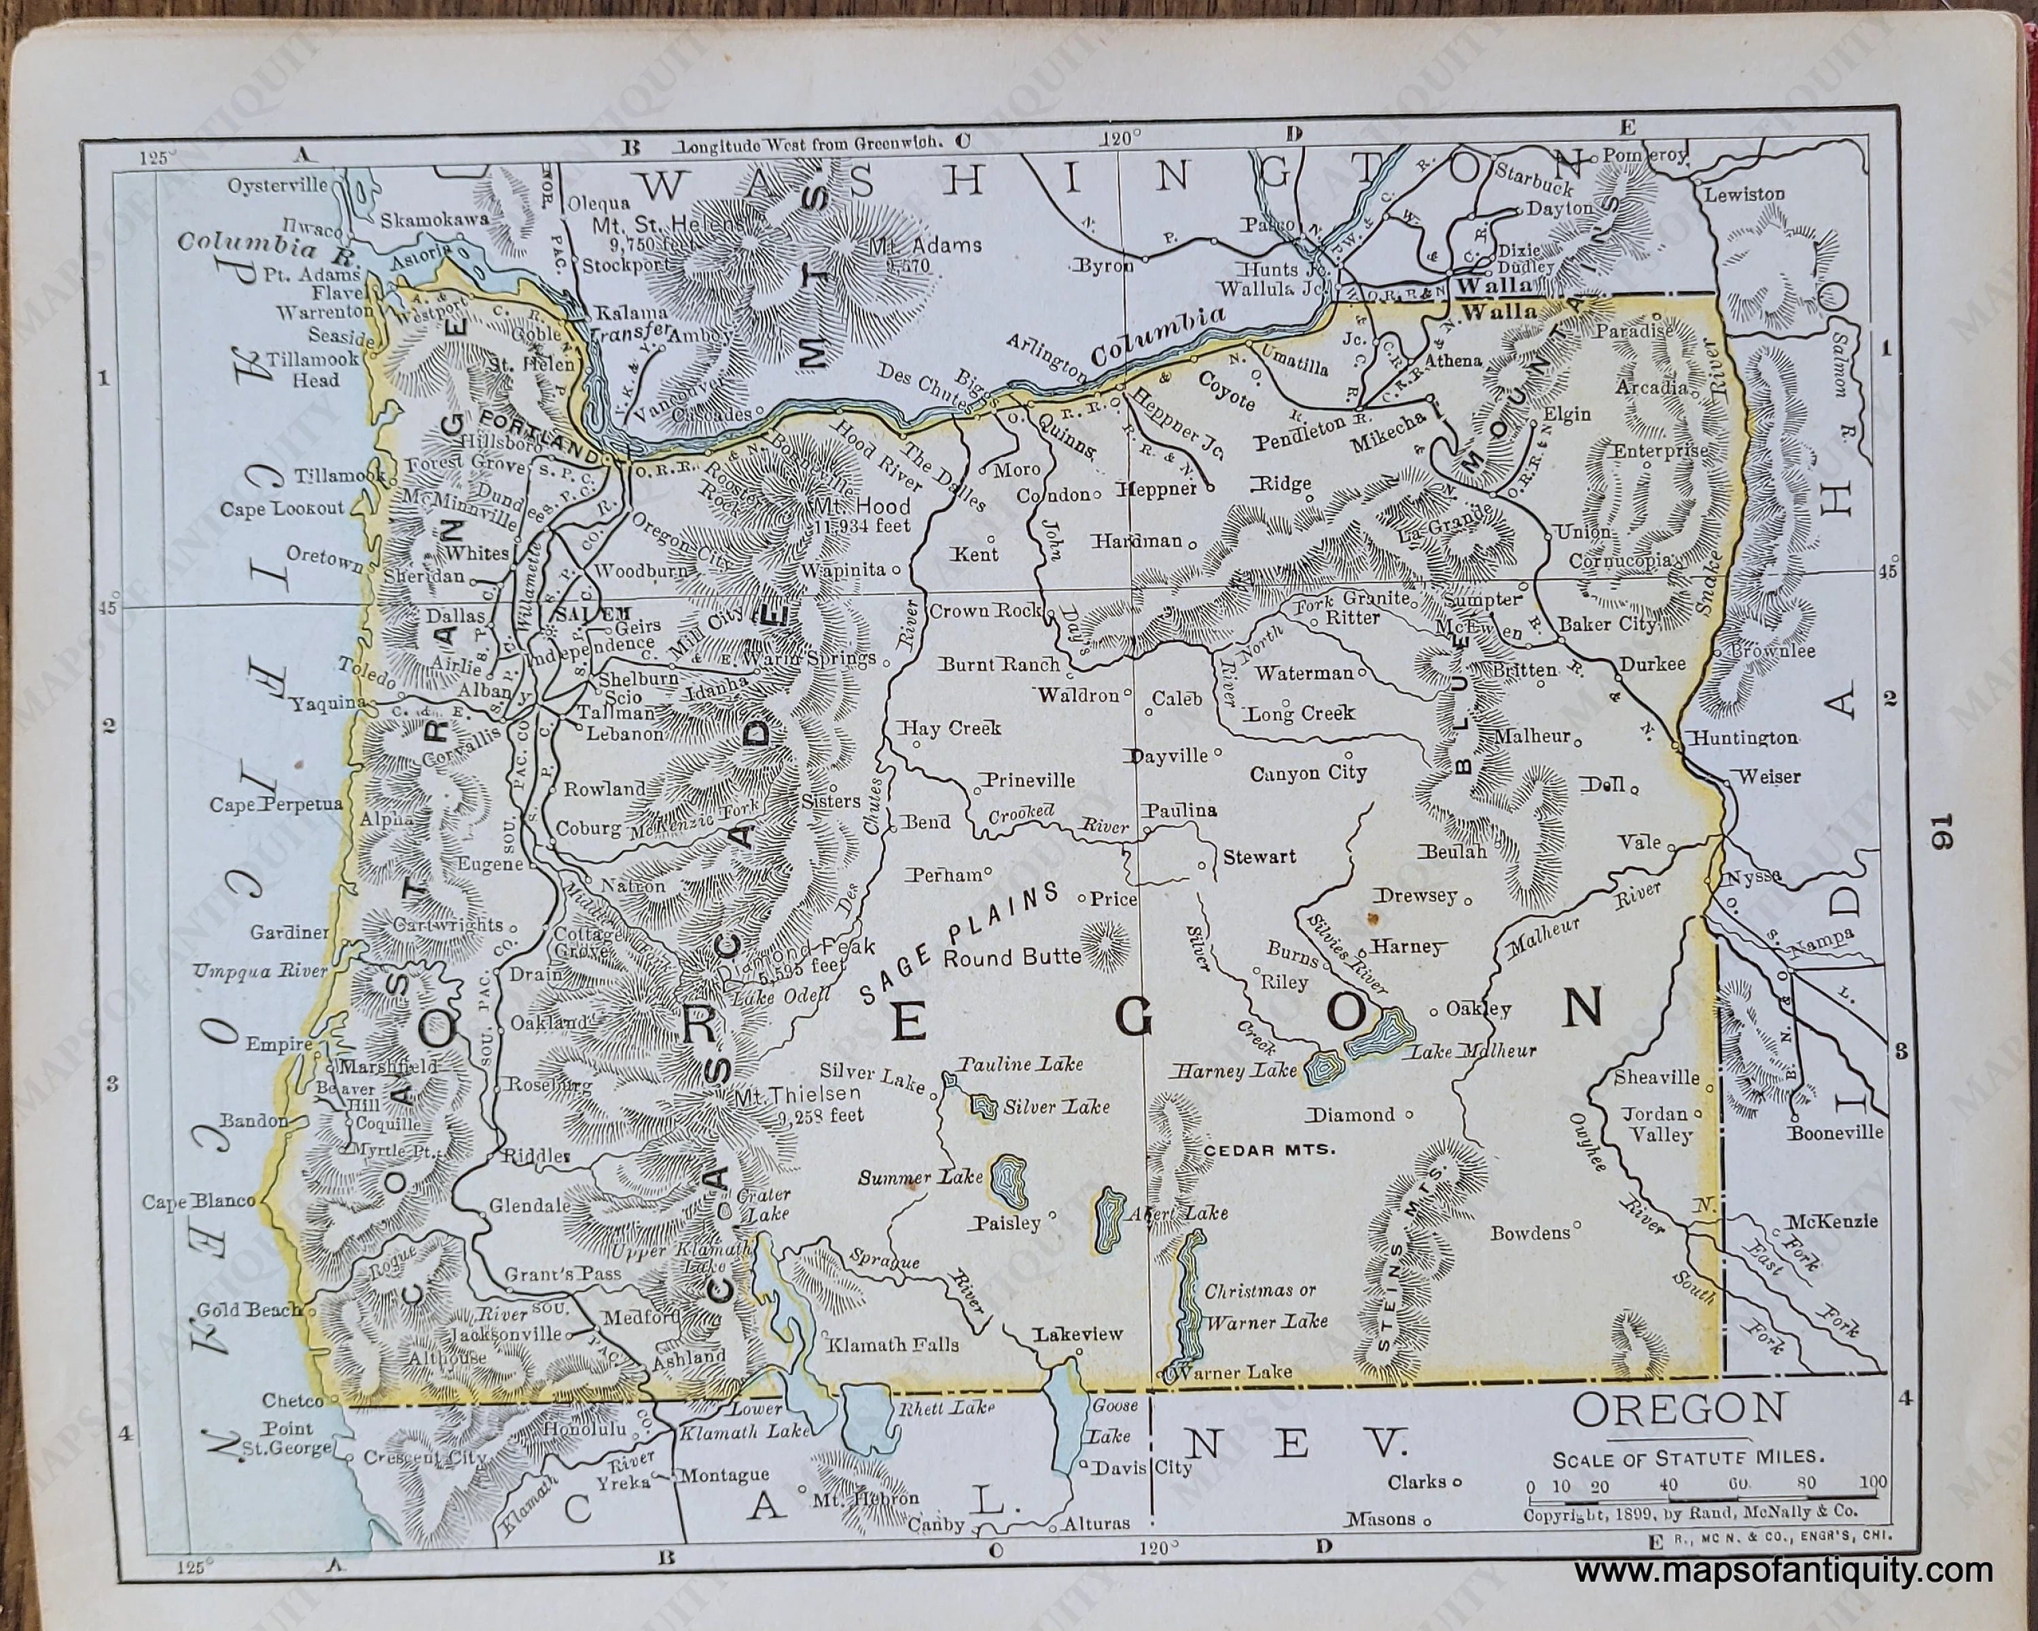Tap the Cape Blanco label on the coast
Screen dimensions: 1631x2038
point(198,1202)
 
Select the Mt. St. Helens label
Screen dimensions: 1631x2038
point(666,225)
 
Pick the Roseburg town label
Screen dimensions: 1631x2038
point(550,1086)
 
